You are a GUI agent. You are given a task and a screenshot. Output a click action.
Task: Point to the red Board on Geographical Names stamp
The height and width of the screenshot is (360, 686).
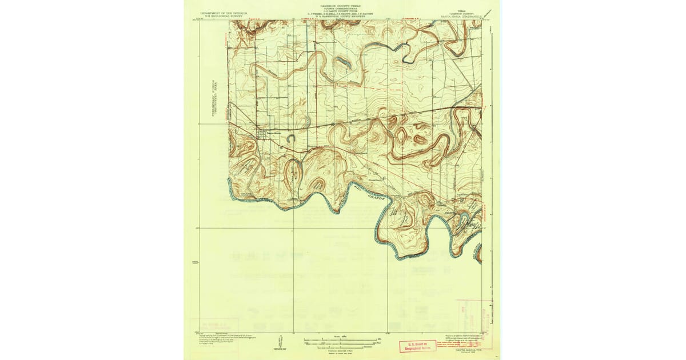pyautogui.click(x=417, y=346)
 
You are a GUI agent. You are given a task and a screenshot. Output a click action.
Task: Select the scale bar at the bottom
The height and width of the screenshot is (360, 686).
pyautogui.click(x=341, y=341)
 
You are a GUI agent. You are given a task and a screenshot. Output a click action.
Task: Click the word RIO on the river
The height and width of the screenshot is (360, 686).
pyautogui.click(x=357, y=184)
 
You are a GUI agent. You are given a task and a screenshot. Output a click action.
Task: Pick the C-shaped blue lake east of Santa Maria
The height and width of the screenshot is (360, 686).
pyautogui.click(x=290, y=139)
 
